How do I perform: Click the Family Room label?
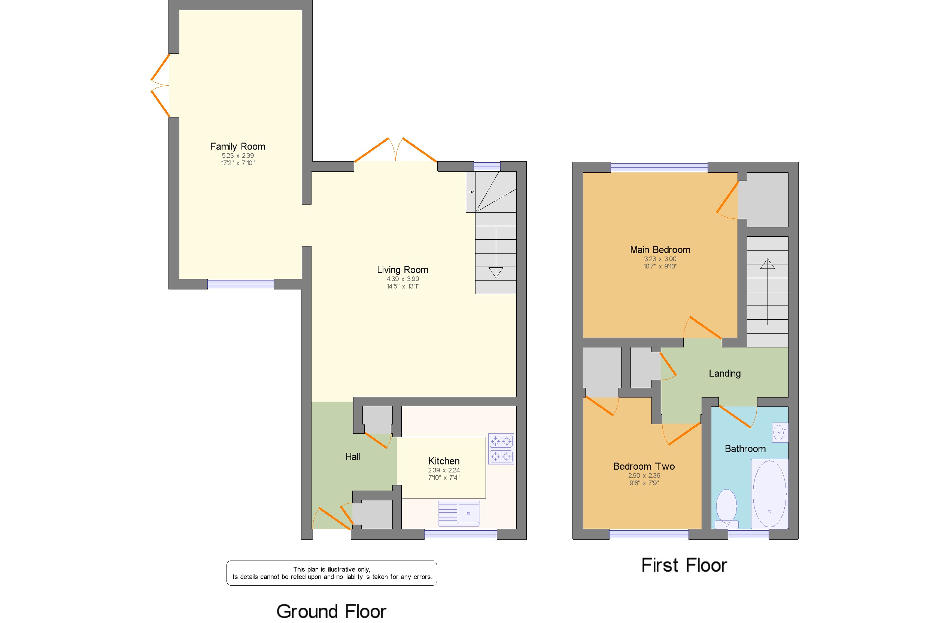point(237,146)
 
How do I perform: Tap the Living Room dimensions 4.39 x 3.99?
point(402,279)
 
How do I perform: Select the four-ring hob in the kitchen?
point(501,449)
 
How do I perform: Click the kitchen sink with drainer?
point(459,513)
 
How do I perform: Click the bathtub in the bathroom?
point(769,494)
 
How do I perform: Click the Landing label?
point(724,374)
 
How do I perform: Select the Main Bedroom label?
point(660,250)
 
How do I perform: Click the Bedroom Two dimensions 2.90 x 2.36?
point(644,476)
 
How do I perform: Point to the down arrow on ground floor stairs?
point(496,272)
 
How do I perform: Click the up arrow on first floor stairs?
point(768,264)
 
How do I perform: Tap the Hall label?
point(352,457)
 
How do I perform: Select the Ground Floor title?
point(331,611)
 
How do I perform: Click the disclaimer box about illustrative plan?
point(331,573)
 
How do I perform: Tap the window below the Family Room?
point(240,284)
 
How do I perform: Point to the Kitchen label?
point(444,461)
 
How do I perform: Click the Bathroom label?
point(745,449)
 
